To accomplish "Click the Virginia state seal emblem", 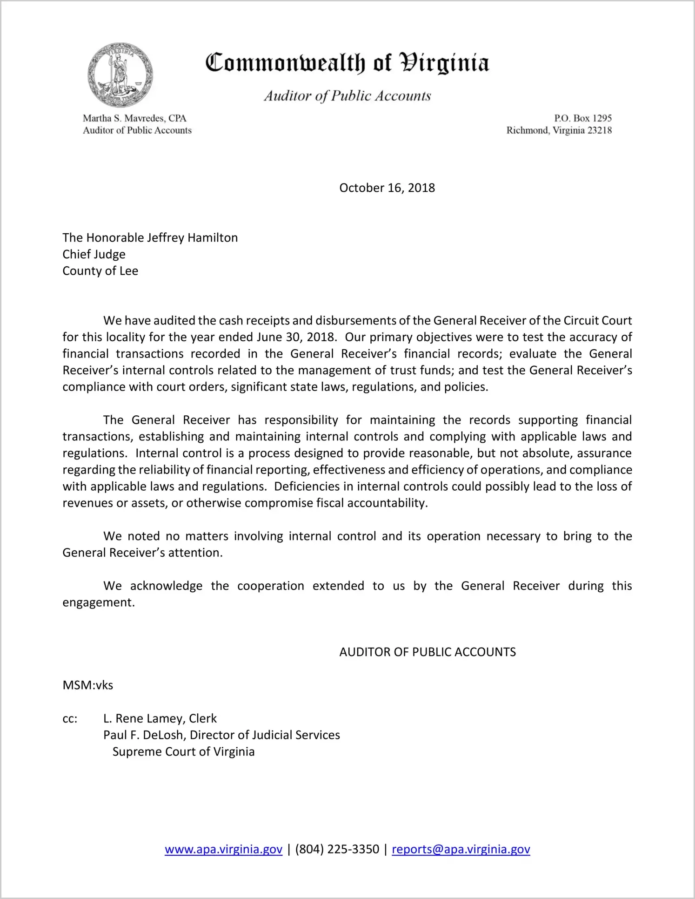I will [120, 75].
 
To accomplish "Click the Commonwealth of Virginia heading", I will [347, 63].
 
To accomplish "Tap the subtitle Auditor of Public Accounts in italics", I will [347, 96].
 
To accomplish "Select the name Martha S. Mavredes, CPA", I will [134, 118].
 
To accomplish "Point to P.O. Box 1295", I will [582, 118].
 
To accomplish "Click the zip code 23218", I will [600, 130].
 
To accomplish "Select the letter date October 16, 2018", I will [387, 188].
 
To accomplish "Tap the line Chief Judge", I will [94, 254].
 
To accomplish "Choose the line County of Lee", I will [100, 271].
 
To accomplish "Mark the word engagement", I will [98, 602].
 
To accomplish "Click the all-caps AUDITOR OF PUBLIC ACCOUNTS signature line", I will [427, 652].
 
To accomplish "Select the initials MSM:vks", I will [88, 685].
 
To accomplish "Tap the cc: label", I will [70, 719].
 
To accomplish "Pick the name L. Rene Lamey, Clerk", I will [160, 718].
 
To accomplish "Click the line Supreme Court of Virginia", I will [183, 752].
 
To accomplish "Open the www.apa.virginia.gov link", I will [223, 849].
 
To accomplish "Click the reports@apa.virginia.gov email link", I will [461, 849].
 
